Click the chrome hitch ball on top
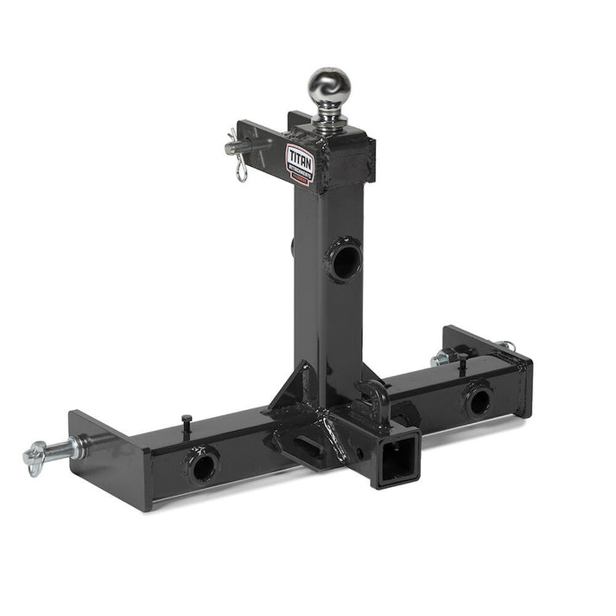pyautogui.click(x=328, y=87)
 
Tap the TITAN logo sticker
pyautogui.click(x=300, y=162)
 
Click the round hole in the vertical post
pyautogui.click(x=344, y=260)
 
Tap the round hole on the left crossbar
pyautogui.click(x=202, y=466)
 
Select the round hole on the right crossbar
pyautogui.click(x=477, y=399)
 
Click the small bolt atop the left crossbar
pyautogui.click(x=187, y=420)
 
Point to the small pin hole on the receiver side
pyautogui.click(x=357, y=452)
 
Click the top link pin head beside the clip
pyautogui.click(x=233, y=148)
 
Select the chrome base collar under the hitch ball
pyautogui.click(x=329, y=122)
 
